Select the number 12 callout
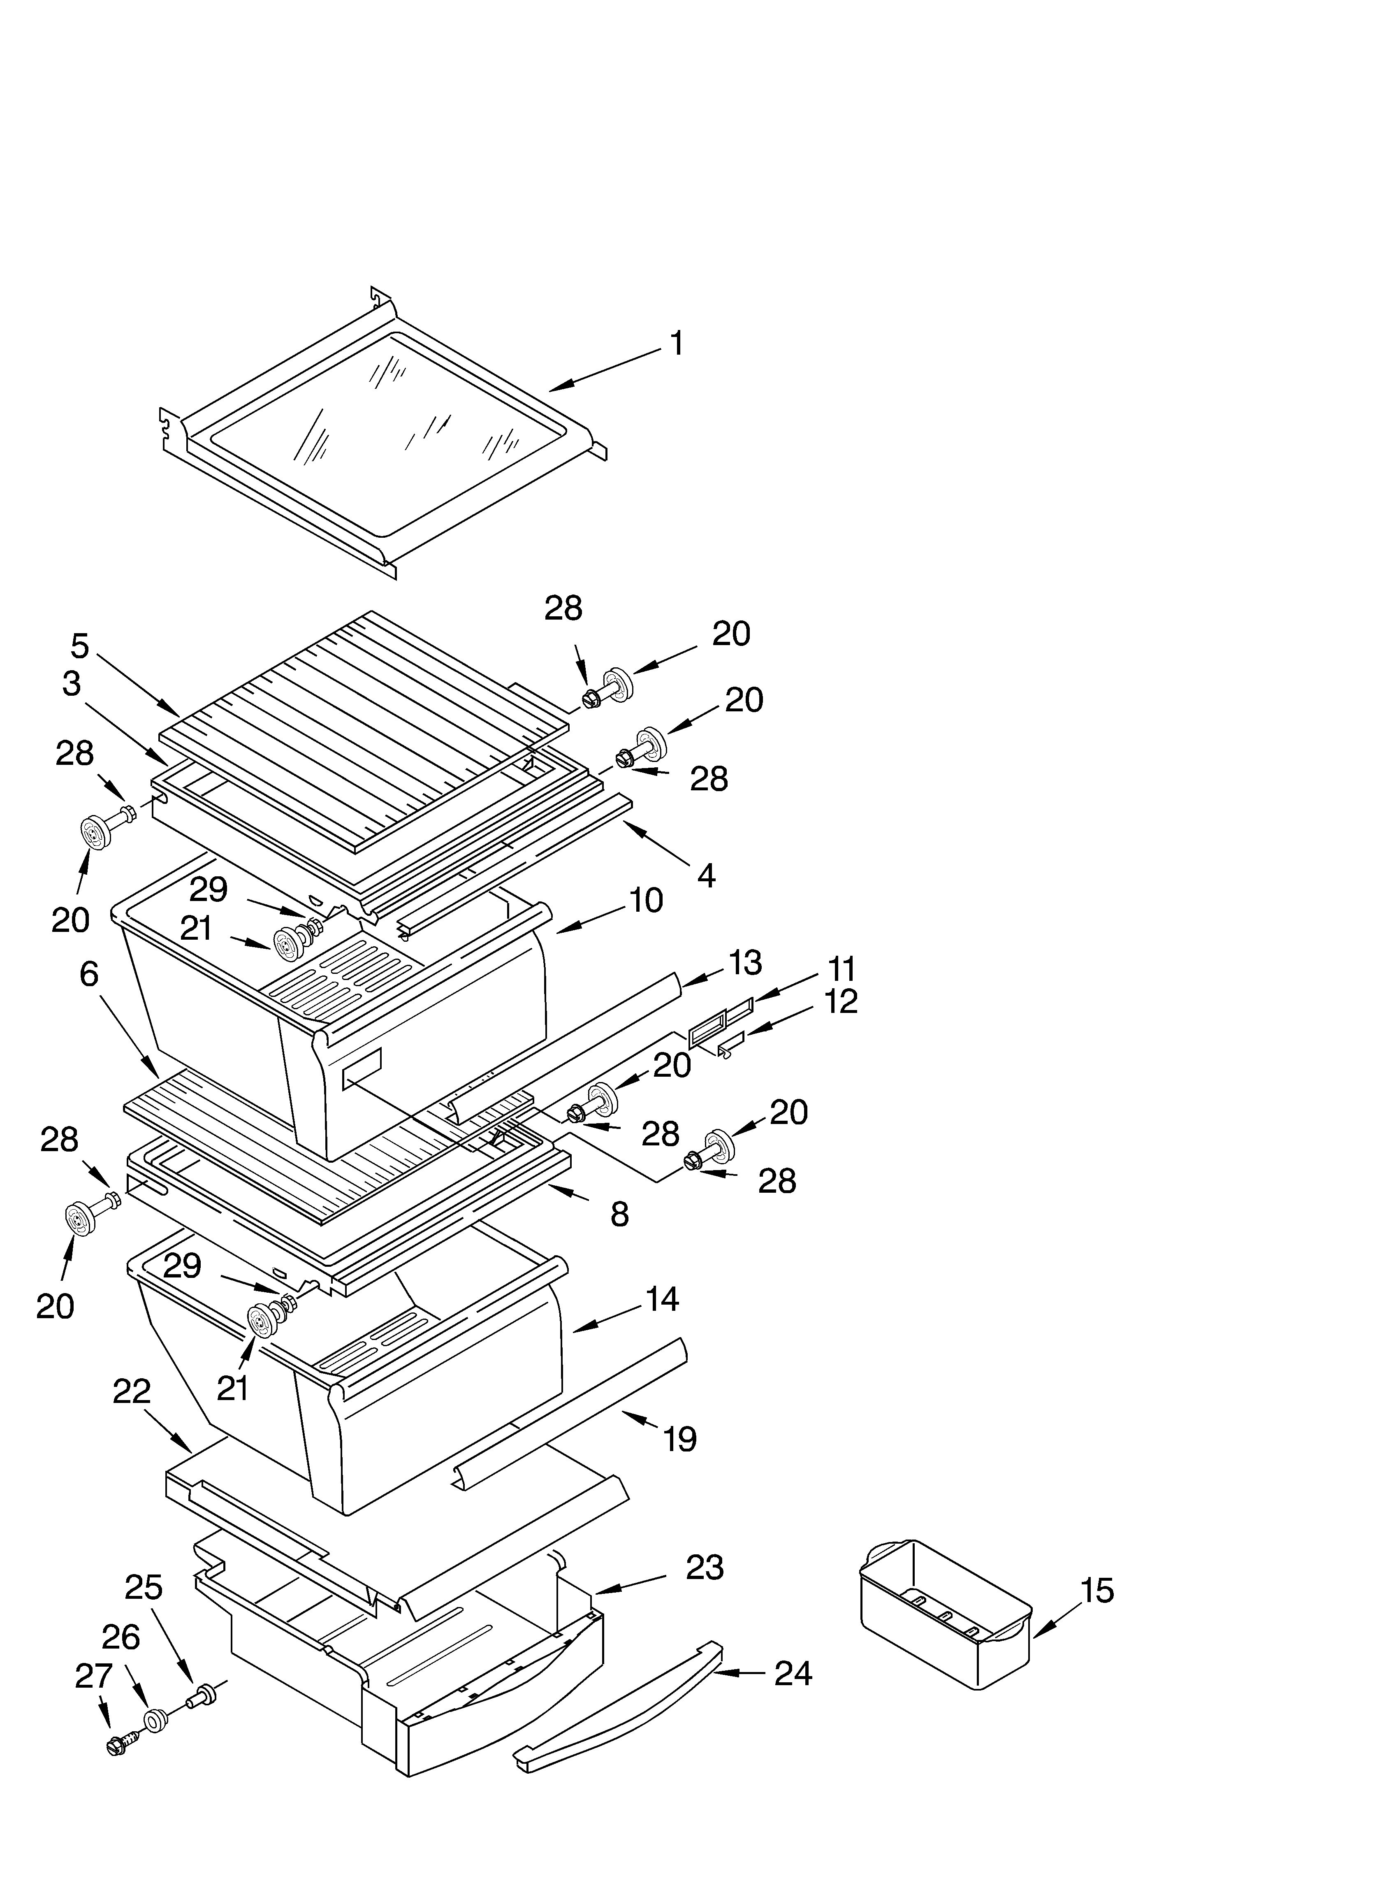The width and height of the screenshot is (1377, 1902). (x=841, y=1001)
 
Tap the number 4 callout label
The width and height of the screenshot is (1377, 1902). (x=706, y=876)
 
